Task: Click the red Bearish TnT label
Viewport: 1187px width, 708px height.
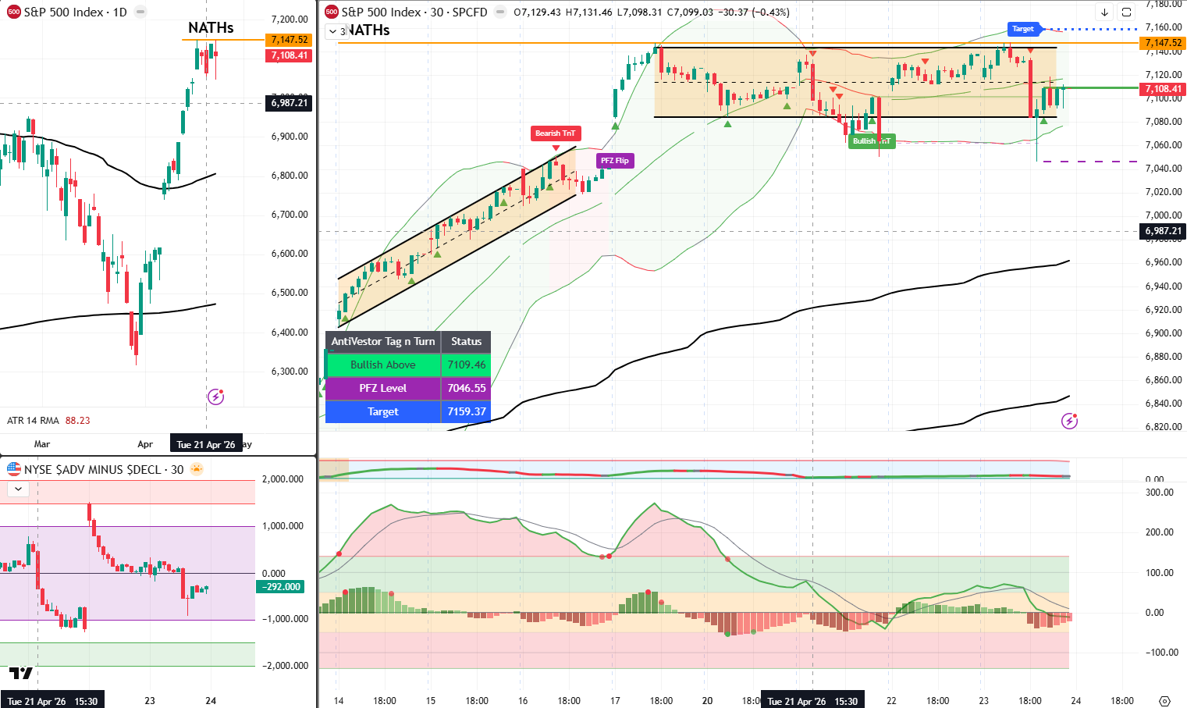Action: [555, 133]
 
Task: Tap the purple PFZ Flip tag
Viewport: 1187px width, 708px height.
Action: [615, 161]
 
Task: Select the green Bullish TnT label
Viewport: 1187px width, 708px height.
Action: [871, 141]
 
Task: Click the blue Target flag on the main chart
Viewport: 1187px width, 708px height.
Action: [1023, 29]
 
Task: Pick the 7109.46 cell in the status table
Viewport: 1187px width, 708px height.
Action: [466, 365]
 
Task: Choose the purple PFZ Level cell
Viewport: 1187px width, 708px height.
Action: [382, 388]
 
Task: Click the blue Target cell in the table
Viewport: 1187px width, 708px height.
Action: [382, 411]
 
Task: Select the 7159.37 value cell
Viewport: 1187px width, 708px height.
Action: [466, 411]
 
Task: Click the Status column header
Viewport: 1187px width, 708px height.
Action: [466, 341]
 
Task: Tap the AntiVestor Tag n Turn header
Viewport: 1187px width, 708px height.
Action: [382, 341]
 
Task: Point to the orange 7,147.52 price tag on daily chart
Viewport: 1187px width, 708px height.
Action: [289, 40]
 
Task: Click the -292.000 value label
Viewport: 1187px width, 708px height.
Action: [281, 587]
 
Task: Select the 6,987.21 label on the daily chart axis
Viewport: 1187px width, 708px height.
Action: [289, 103]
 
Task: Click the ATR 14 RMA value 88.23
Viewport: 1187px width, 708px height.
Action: [78, 421]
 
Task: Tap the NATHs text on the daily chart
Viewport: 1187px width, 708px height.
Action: [211, 27]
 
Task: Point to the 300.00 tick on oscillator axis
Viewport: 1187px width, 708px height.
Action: [1159, 493]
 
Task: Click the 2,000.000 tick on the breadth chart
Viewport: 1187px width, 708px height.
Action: [283, 479]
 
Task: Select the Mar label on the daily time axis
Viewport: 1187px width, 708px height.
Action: [42, 444]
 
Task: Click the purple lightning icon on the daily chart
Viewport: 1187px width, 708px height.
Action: [215, 397]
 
